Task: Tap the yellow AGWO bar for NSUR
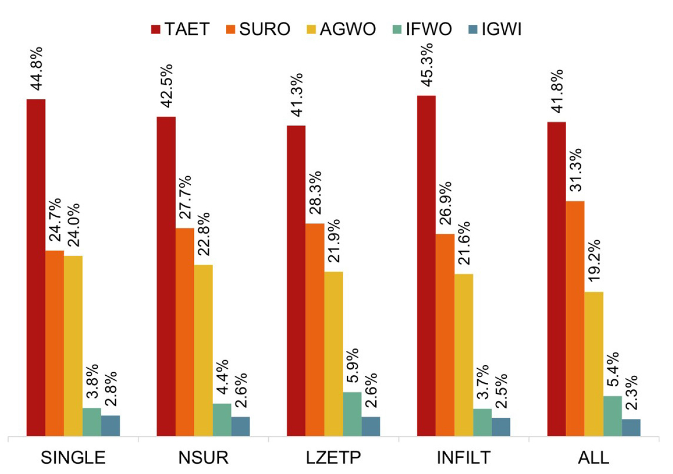pos(203,350)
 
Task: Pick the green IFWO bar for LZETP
pos(352,414)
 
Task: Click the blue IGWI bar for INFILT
pos(501,426)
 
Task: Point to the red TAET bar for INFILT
pos(426,265)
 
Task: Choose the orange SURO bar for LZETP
pos(315,329)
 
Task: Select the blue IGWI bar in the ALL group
pos(631,427)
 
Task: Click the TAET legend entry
pos(180,29)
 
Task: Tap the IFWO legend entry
pos(421,29)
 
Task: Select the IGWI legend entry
pos(494,29)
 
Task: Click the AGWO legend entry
pos(341,29)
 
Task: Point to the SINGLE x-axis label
pos(73,458)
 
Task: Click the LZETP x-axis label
pos(333,458)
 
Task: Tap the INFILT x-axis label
pos(463,458)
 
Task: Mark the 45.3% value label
pos(426,65)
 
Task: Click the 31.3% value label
pos(575,170)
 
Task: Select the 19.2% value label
pos(594,260)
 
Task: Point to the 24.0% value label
pos(73,224)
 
